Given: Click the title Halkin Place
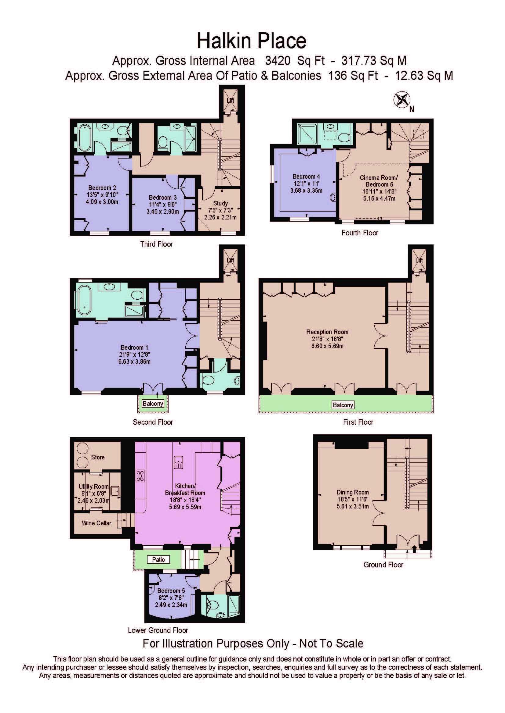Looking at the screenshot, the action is click(252, 41).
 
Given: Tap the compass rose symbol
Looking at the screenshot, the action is click(402, 100).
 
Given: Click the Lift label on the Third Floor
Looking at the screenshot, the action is click(231, 100).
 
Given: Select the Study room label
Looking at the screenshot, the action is click(220, 203).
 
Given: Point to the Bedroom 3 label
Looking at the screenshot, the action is click(163, 198).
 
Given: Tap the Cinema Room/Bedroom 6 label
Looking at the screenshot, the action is click(379, 181).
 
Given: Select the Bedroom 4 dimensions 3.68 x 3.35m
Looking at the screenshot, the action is click(306, 191).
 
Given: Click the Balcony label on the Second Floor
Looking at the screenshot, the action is click(153, 403).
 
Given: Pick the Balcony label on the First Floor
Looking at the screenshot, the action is click(343, 405).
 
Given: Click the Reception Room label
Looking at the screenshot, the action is click(327, 332).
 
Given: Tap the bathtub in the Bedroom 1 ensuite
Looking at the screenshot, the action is click(84, 300).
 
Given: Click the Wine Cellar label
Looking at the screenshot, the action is click(96, 523).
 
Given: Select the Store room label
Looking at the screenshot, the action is click(98, 457).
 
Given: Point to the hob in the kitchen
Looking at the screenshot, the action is click(140, 476).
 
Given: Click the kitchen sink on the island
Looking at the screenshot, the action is click(179, 462).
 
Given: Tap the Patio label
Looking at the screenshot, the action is click(158, 560).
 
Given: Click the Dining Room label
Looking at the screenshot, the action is click(353, 492).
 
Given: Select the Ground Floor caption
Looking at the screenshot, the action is click(383, 565).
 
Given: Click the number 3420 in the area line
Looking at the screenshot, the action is click(278, 61).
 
